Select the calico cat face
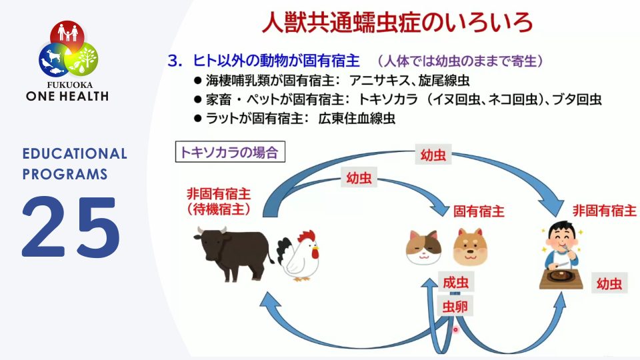pos(425,248)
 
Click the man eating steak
pos(561,253)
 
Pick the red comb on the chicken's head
pos(306,236)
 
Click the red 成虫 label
pos(455,283)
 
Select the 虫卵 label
pos(455,307)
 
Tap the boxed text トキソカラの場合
pos(230,152)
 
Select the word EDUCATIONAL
pos(74,154)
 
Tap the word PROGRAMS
pos(65,174)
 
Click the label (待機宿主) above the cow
pos(219,209)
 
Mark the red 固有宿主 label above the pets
pos(479,211)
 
